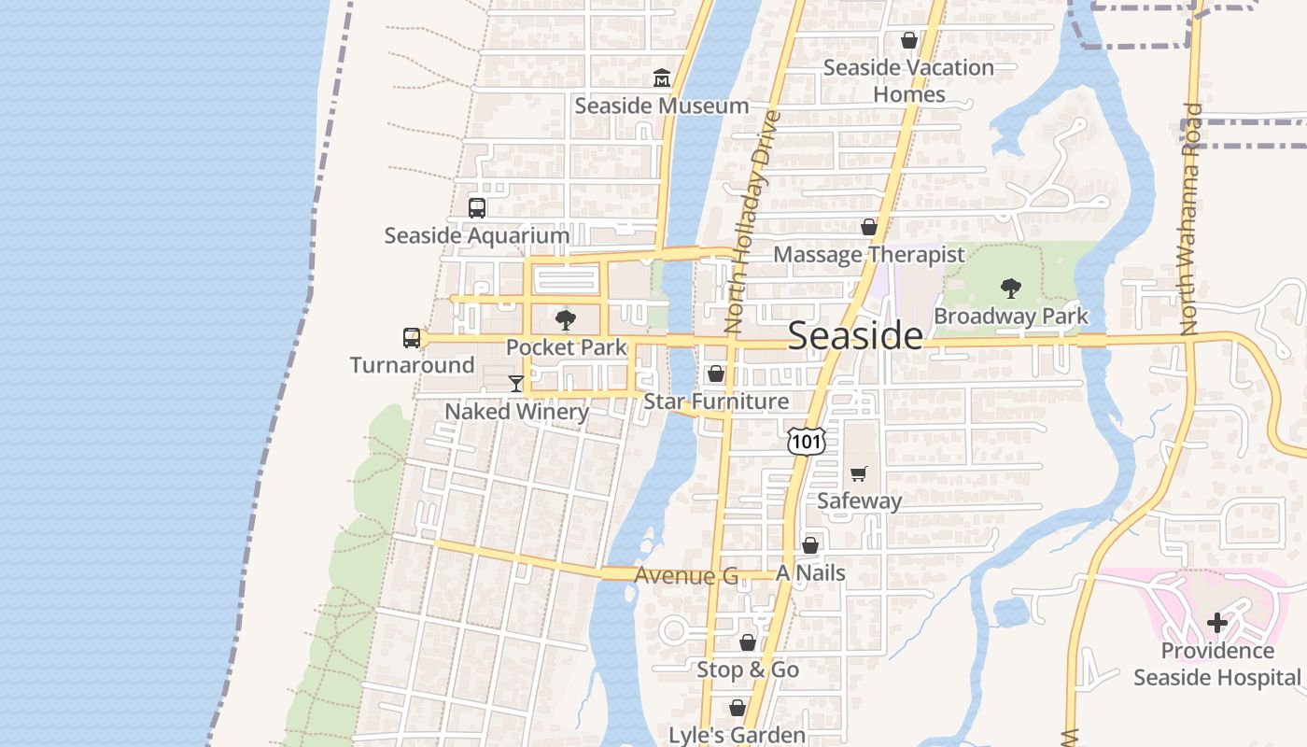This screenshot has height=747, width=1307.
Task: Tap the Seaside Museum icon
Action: (662, 78)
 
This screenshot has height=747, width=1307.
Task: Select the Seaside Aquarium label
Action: (476, 235)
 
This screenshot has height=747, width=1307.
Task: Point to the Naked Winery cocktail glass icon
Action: (515, 383)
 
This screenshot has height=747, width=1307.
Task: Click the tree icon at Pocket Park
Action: (565, 320)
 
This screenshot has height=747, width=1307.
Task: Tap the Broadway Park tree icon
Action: (1010, 289)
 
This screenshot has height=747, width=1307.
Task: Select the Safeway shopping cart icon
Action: (859, 473)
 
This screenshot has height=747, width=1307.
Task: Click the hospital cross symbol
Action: (1216, 622)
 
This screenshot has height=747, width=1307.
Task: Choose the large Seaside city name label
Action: (855, 336)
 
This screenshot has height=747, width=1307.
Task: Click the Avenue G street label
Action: (685, 575)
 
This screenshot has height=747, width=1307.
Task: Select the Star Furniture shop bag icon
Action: (716, 373)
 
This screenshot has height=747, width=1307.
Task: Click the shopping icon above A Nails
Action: (810, 545)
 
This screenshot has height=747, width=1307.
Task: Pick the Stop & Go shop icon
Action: (748, 642)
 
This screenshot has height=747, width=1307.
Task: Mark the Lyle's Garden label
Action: (737, 735)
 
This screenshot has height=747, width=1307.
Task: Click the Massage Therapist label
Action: (868, 255)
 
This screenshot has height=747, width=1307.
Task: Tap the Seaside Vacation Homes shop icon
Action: (908, 40)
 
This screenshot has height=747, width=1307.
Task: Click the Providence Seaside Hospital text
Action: (1216, 664)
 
